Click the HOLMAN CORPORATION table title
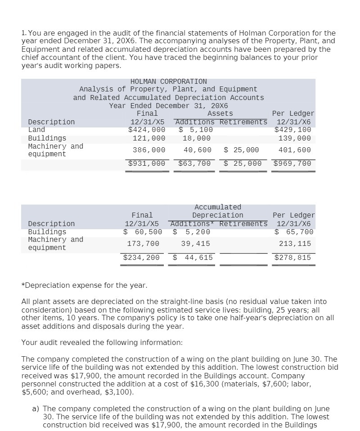[168, 82]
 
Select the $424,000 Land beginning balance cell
[147, 130]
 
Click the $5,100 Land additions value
[196, 130]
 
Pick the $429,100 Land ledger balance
[292, 130]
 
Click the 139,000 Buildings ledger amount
[295, 138]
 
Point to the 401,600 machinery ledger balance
[295, 150]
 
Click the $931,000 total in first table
[147, 163]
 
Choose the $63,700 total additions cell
[194, 163]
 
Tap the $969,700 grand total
[292, 163]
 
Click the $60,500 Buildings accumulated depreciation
[143, 232]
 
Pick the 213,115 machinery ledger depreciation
[295, 244]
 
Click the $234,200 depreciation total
[141, 258]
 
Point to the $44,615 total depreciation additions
[193, 258]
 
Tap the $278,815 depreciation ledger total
[292, 258]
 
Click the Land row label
[36, 130]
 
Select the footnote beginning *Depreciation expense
[84, 286]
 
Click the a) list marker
[35, 409]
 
